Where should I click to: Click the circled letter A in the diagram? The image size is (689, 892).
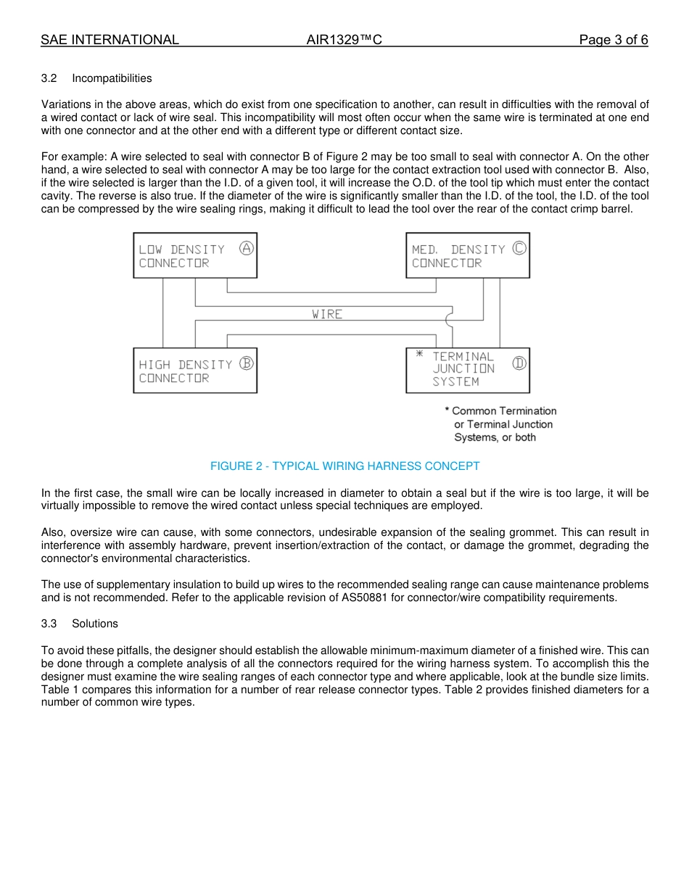[x=247, y=248]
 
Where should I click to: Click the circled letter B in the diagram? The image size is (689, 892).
[x=247, y=363]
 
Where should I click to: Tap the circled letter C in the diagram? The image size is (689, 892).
[x=519, y=248]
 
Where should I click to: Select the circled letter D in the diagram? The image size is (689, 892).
[x=519, y=363]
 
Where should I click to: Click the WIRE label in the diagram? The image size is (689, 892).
[x=327, y=314]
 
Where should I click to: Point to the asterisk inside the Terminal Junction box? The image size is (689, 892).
[x=419, y=355]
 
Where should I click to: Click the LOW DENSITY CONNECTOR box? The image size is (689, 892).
[x=195, y=255]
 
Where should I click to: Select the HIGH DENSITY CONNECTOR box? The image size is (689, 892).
[x=195, y=371]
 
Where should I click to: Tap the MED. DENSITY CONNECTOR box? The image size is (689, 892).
[x=468, y=255]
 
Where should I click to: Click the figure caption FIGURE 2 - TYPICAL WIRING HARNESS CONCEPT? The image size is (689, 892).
[x=344, y=466]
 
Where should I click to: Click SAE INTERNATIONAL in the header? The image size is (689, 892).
[x=110, y=40]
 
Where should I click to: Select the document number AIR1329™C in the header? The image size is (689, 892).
[x=344, y=40]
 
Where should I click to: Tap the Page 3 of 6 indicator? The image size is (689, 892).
[x=613, y=40]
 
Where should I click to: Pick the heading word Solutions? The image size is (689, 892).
[x=94, y=624]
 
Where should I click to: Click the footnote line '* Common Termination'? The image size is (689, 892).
[x=500, y=411]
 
